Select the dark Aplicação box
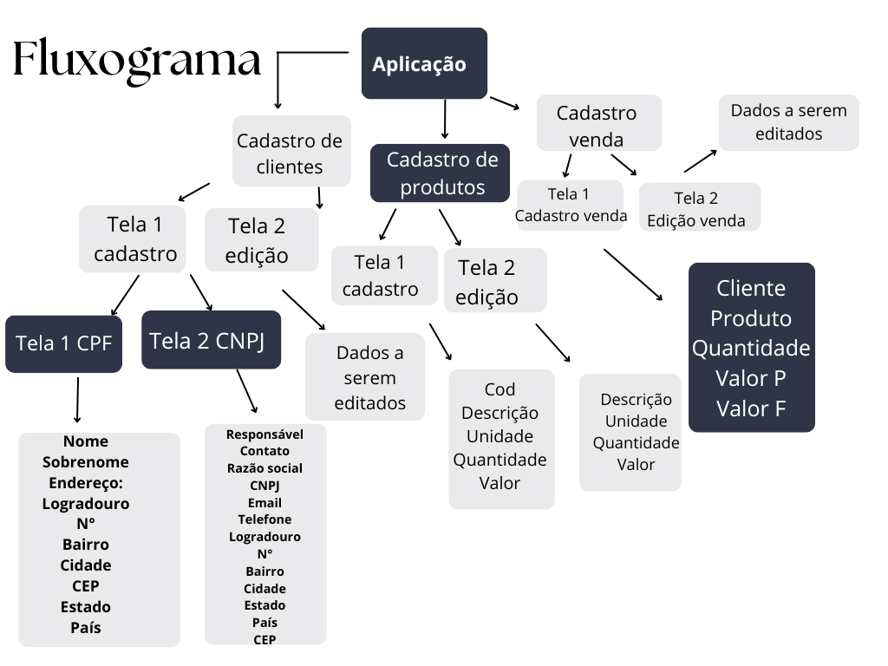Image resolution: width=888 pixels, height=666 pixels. tap(424, 63)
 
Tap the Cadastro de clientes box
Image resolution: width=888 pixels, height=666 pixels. tap(291, 152)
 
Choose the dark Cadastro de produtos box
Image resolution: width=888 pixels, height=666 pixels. tap(440, 173)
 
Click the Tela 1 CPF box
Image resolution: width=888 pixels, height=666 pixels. tap(63, 343)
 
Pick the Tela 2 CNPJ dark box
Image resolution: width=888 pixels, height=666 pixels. tap(211, 340)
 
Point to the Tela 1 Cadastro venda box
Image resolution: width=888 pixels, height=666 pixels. tap(570, 205)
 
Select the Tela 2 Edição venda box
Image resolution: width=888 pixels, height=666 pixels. tap(699, 207)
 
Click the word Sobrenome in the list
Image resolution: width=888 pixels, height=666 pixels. tap(86, 462)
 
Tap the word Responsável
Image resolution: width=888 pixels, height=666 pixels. tap(264, 434)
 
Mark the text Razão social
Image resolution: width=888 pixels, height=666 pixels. tap(264, 468)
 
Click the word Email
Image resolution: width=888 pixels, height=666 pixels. tap(264, 503)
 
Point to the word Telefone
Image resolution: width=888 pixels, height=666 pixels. tap(264, 519)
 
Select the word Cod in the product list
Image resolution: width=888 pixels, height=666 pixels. tap(499, 389)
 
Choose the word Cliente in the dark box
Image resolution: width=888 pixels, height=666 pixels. tap(751, 288)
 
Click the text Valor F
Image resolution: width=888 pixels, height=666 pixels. tap(751, 408)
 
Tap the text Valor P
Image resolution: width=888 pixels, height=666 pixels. tap(751, 378)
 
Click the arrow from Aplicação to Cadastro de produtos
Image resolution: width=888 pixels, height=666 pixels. tap(445, 119)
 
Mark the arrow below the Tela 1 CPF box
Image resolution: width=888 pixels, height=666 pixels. tap(77, 400)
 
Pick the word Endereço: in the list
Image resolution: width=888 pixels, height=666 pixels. tap(86, 483)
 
